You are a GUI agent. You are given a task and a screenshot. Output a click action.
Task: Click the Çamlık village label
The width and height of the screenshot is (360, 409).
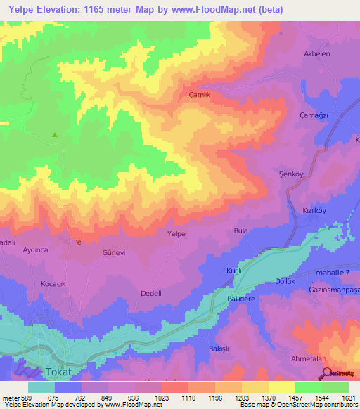tap(200, 94)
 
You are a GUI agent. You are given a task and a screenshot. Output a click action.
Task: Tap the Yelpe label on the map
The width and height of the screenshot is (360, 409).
tap(176, 233)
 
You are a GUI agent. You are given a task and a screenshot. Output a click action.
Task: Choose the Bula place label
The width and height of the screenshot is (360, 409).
tap(240, 230)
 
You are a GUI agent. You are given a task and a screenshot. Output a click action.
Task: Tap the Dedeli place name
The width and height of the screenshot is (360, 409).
tap(151, 293)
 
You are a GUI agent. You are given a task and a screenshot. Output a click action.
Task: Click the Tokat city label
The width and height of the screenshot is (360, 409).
tap(59, 371)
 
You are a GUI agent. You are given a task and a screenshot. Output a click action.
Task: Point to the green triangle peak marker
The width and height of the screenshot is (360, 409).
tap(55, 134)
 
